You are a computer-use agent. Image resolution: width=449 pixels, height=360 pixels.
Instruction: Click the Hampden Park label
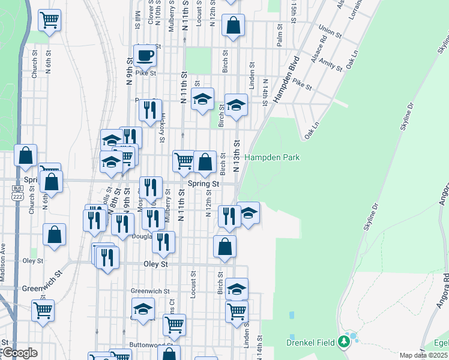(271, 157)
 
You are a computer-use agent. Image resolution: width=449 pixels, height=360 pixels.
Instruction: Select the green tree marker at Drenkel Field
(344, 341)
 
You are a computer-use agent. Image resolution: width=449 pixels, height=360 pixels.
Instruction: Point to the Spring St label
(202, 184)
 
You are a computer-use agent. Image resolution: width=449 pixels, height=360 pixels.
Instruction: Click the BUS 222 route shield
(17, 193)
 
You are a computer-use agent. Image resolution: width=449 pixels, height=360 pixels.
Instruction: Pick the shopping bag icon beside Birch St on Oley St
(224, 245)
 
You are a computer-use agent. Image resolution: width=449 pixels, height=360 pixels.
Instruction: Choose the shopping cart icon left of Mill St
(50, 20)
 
